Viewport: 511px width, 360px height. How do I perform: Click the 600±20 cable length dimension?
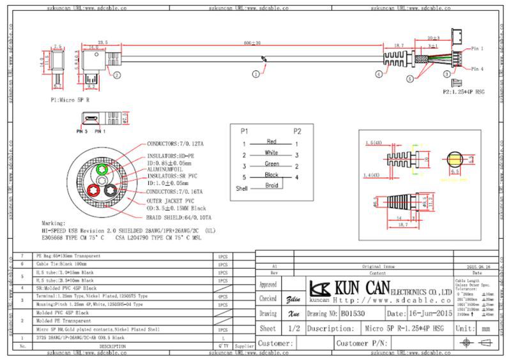(252, 42)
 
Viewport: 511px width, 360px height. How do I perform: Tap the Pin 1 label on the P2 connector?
(477, 49)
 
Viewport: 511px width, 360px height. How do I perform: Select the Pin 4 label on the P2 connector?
(477, 69)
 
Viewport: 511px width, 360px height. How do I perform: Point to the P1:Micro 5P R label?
(70, 100)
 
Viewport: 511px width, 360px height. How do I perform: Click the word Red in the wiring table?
(271, 140)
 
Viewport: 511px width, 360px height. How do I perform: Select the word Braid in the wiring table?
(271, 186)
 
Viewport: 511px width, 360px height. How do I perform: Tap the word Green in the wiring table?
(271, 163)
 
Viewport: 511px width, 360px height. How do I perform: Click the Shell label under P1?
(242, 189)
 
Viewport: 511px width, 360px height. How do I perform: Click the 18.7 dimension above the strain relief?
(399, 45)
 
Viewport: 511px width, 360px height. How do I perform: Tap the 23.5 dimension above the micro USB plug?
(102, 41)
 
